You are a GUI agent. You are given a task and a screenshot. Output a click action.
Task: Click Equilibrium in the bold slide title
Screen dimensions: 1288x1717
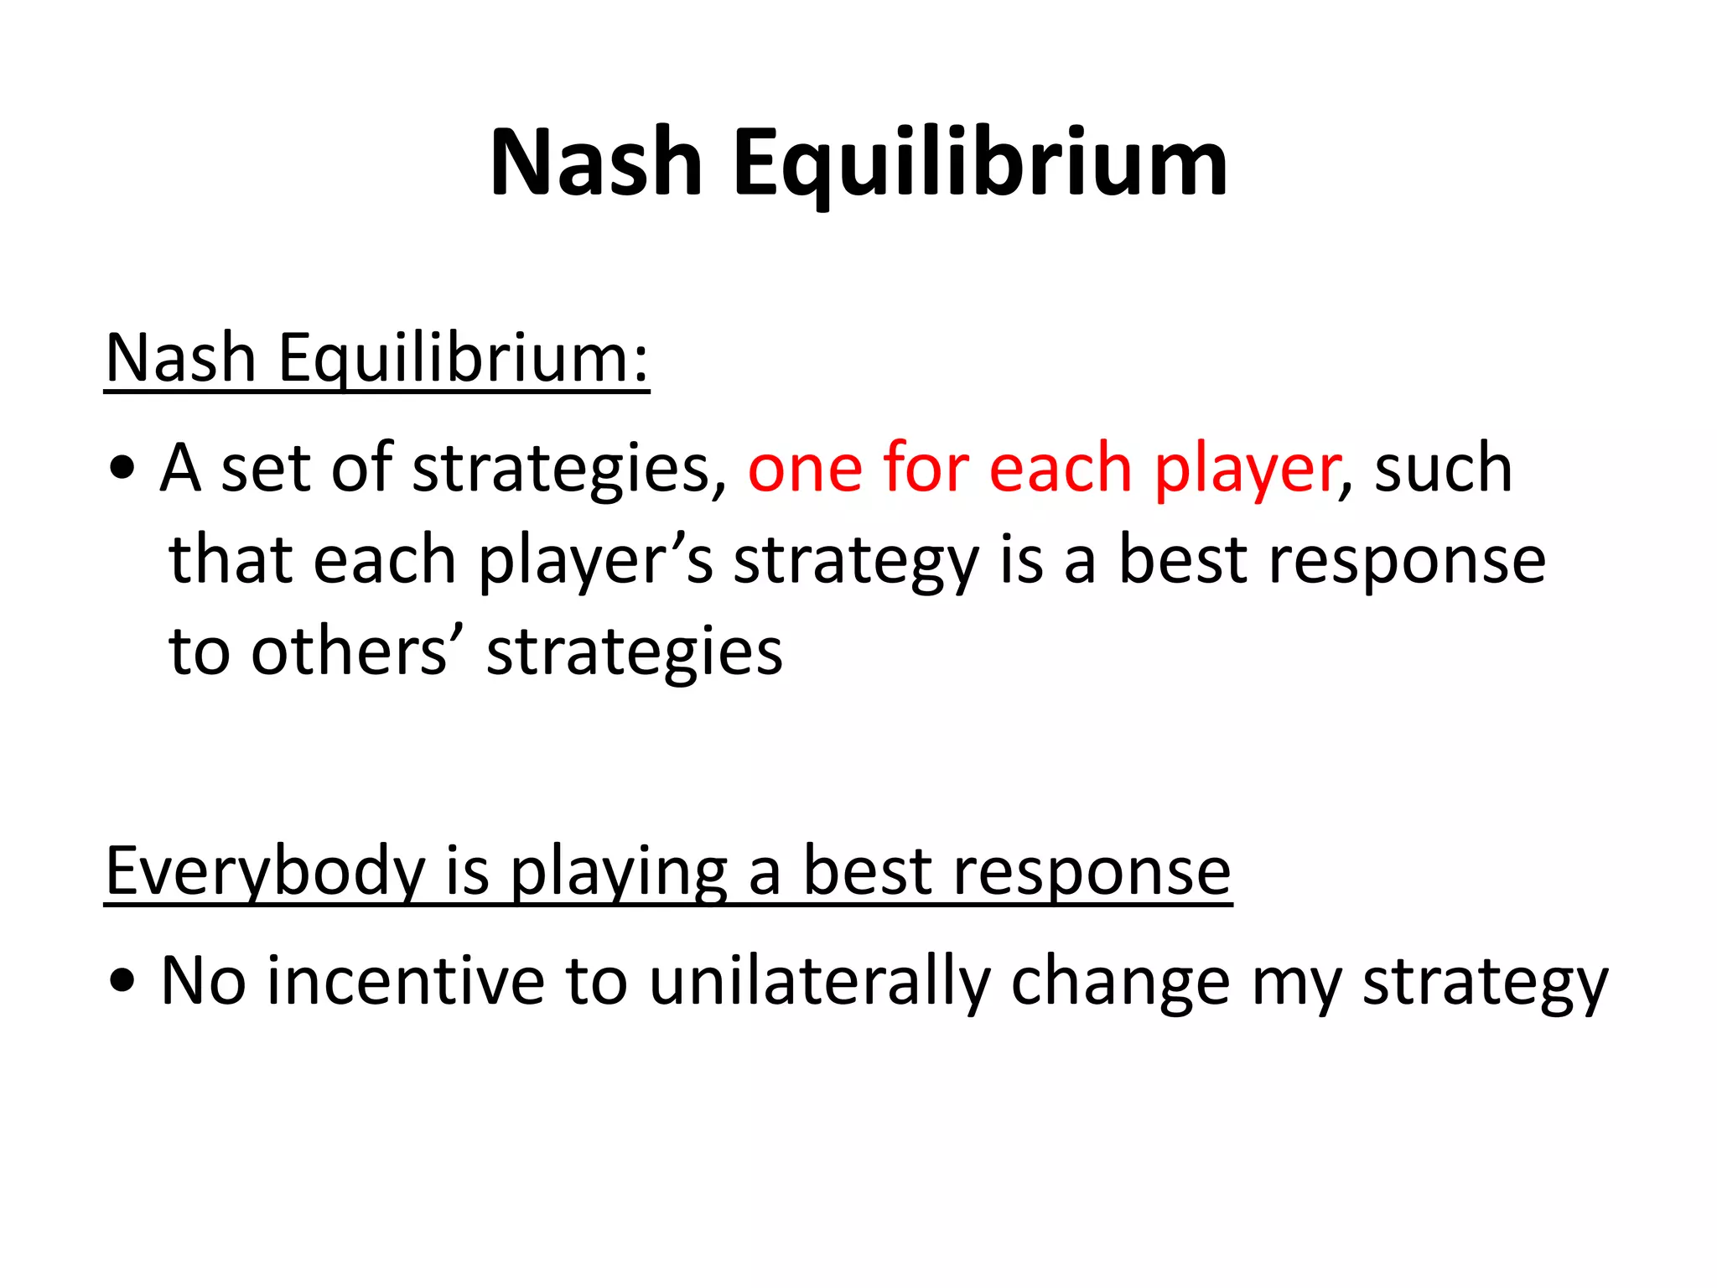(x=980, y=164)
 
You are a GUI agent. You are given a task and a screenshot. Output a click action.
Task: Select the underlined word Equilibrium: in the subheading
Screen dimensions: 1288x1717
(x=464, y=359)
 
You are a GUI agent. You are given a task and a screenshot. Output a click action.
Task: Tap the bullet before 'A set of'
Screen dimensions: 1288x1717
(x=122, y=470)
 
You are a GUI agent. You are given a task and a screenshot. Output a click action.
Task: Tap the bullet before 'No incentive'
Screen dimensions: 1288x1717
(x=122, y=982)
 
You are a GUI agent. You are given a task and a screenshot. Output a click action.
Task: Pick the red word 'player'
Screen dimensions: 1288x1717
(x=1247, y=470)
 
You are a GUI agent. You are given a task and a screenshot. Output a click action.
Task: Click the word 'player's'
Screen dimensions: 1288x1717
(x=595, y=560)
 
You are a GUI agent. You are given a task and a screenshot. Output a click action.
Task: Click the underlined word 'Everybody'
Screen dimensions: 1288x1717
(x=265, y=872)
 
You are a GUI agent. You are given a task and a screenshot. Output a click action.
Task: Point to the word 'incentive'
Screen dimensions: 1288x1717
(x=406, y=980)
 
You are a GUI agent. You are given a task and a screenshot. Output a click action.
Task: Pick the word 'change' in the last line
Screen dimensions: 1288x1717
(x=1120, y=982)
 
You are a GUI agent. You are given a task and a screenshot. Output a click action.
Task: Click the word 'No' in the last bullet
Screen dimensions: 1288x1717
(x=203, y=980)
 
